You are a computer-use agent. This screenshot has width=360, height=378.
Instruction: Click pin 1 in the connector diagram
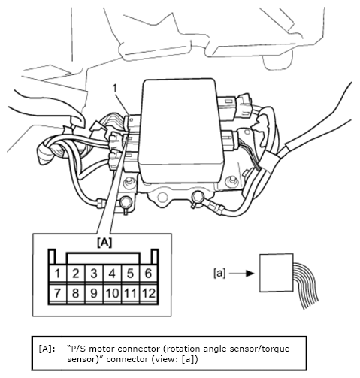point(58,274)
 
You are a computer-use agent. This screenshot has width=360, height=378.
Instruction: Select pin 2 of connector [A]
point(76,274)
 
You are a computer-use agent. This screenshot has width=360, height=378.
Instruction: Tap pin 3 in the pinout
point(94,274)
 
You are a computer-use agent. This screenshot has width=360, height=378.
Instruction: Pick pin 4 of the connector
point(112,274)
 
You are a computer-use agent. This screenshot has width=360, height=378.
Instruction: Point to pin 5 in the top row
point(130,274)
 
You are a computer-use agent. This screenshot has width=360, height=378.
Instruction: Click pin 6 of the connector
point(148,274)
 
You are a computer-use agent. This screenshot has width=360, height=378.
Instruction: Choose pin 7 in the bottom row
point(58,293)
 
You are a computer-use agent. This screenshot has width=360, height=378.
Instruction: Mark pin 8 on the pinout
point(76,293)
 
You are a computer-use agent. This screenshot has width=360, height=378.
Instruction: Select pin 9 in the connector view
point(94,293)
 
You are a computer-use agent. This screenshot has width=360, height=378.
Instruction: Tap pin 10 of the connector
point(112,293)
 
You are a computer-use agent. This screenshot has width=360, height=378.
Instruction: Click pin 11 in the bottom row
point(130,293)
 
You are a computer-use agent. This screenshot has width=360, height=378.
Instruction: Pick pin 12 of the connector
point(148,293)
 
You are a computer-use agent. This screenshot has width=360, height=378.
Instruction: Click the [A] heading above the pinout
point(104,243)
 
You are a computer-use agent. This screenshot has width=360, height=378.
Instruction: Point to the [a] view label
point(219,273)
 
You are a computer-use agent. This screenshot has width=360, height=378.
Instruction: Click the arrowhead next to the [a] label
point(250,274)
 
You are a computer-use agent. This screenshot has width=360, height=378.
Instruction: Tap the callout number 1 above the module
point(115,89)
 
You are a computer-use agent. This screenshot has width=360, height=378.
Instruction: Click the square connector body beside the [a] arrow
point(277,273)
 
